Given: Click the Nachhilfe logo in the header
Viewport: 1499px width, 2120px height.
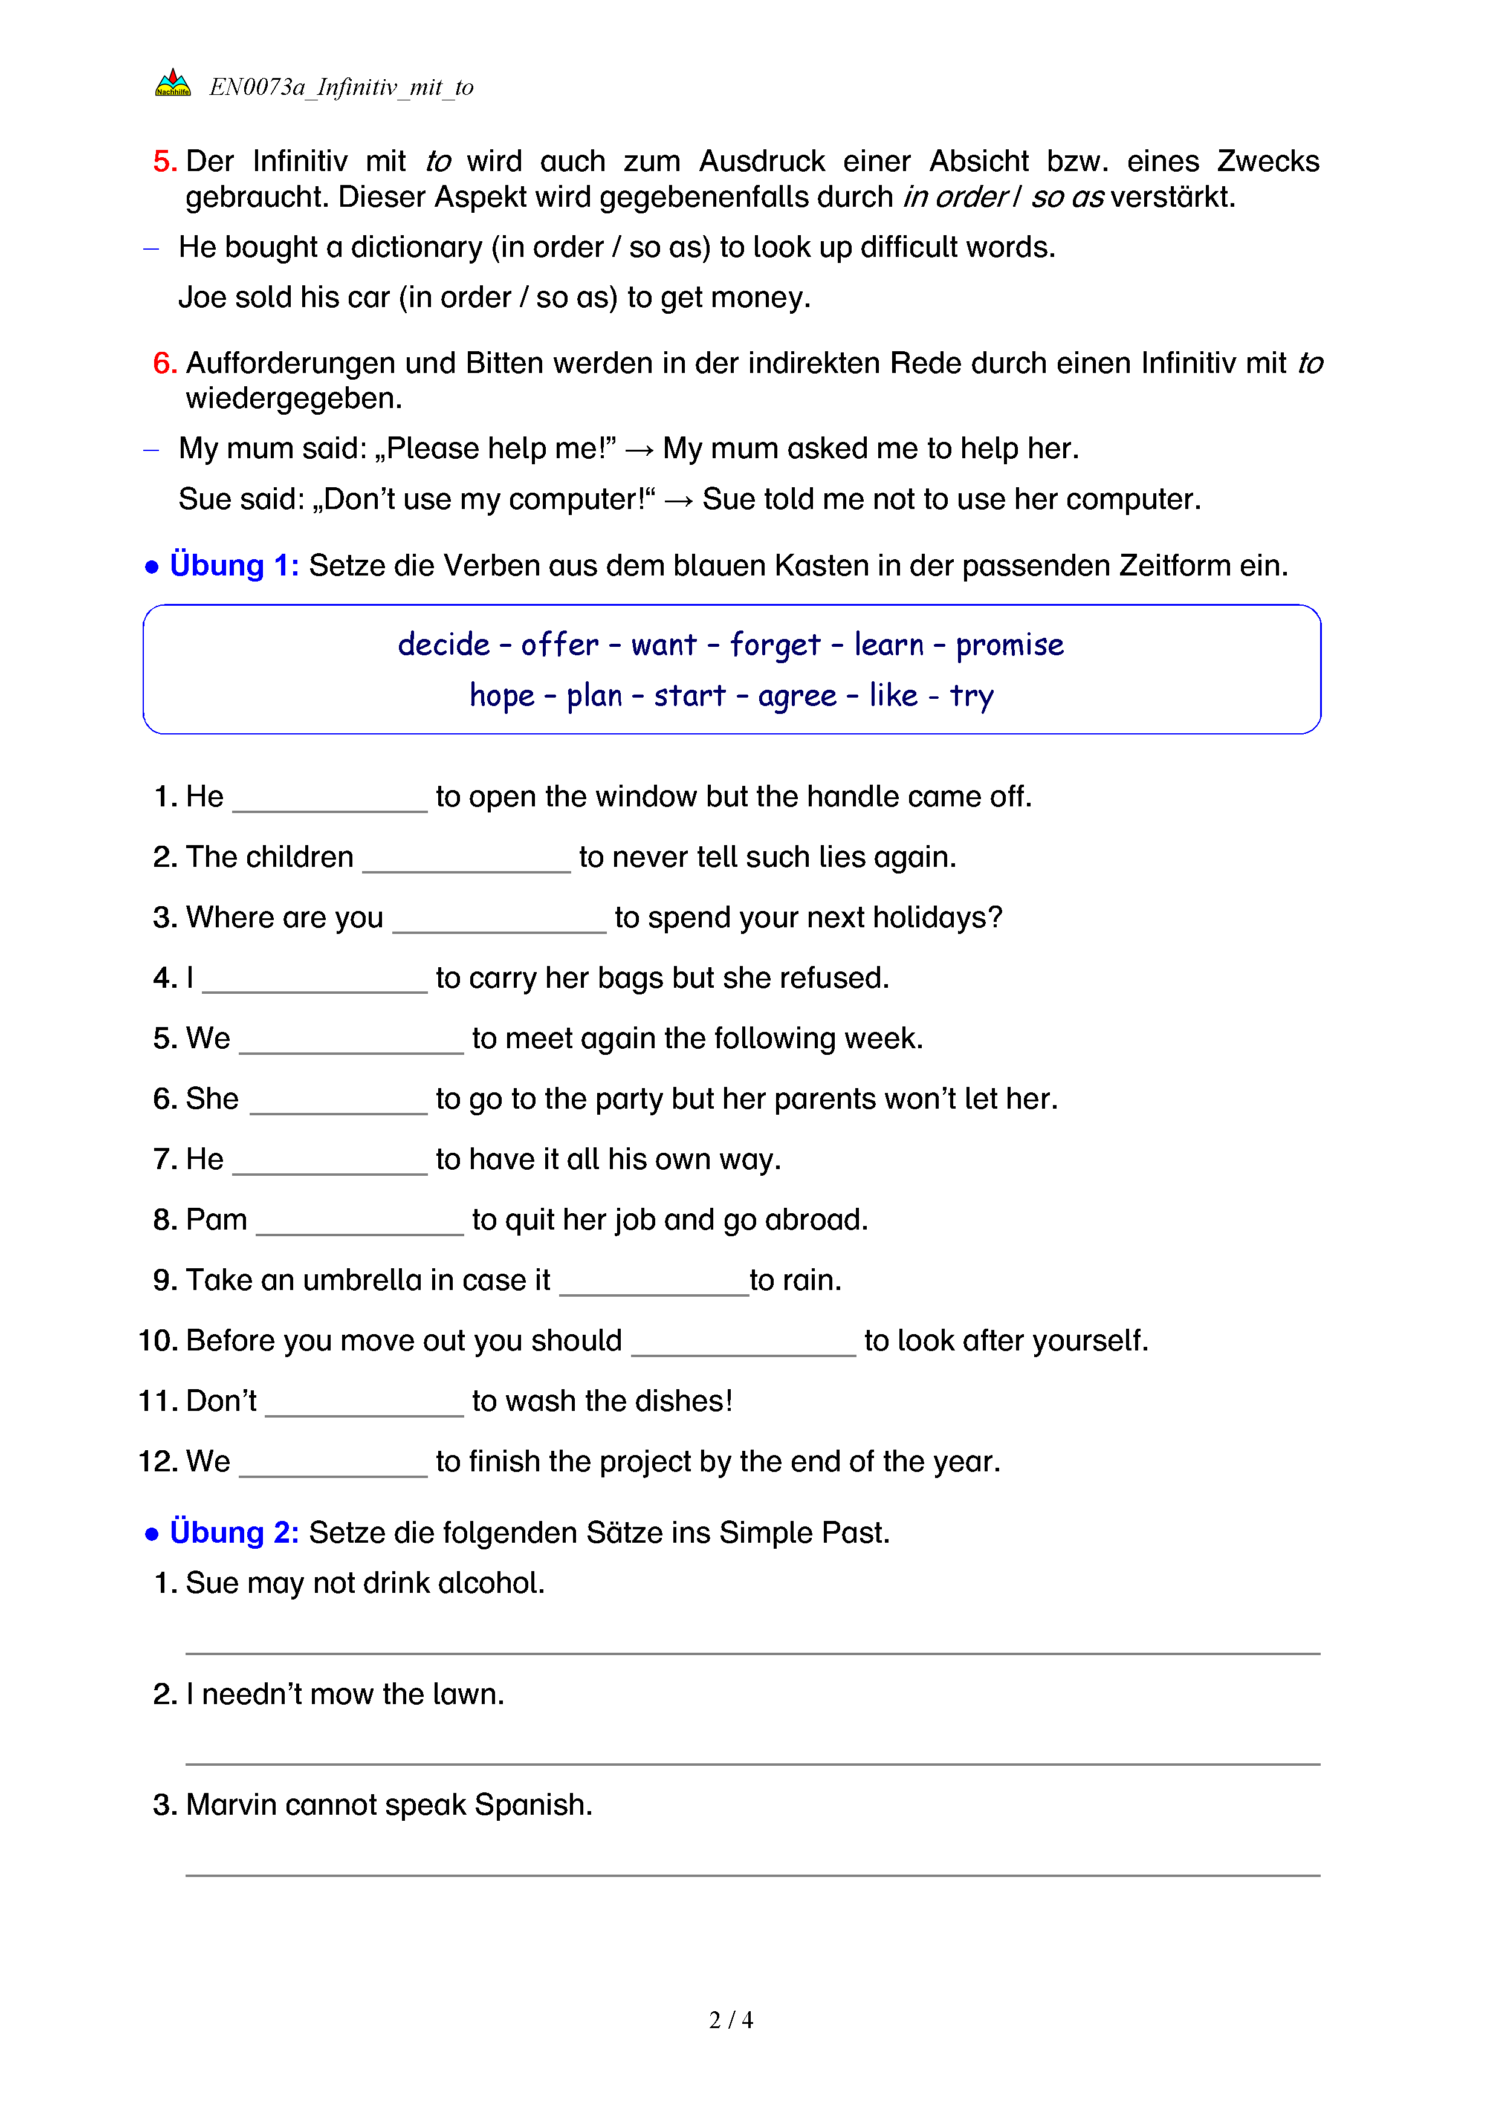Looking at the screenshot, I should tap(173, 84).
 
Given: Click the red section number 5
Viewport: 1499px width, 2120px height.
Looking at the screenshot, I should tap(164, 161).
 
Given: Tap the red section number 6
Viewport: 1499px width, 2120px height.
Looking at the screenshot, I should tap(164, 363).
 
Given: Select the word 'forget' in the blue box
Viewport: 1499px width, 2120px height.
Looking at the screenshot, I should tap(774, 644).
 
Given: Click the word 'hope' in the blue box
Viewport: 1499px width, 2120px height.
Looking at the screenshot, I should tap(501, 695).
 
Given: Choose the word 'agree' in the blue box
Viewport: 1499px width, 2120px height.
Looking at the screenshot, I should tap(797, 695).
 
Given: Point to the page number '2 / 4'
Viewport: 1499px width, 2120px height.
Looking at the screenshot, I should tap(731, 2020).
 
